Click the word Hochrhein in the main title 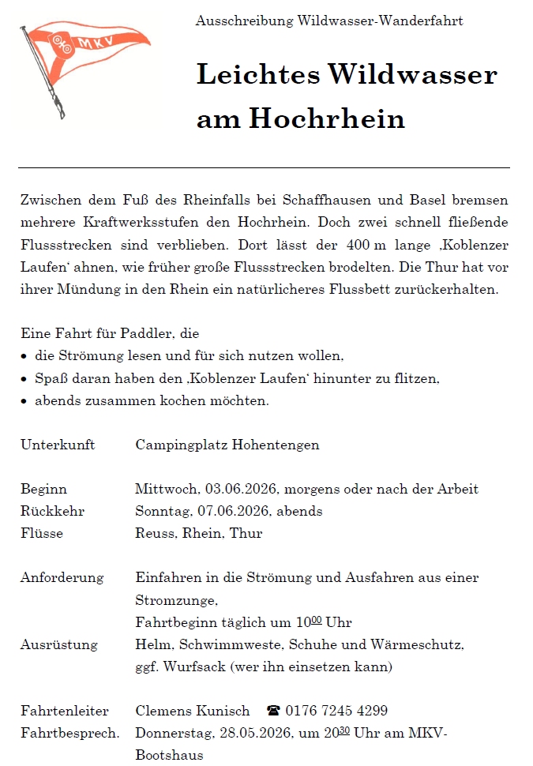[327, 118]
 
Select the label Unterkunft [58, 445]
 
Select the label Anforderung [62, 577]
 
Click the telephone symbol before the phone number [274, 711]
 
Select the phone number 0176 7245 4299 [336, 711]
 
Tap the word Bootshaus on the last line [169, 755]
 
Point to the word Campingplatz [182, 445]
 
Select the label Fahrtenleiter [65, 711]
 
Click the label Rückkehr [52, 511]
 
